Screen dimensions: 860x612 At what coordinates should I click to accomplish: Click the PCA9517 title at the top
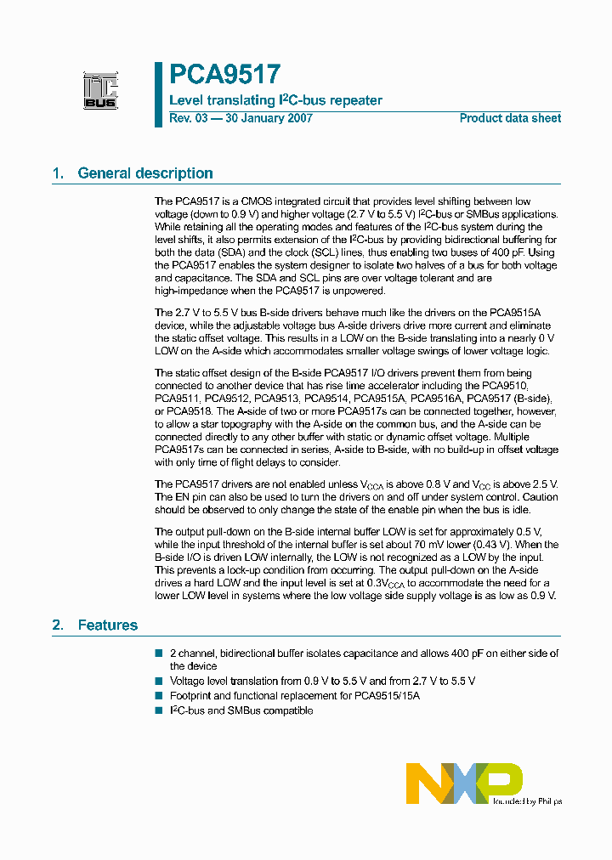pyautogui.click(x=224, y=76)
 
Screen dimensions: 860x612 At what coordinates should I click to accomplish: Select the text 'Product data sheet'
pyautogui.click(x=510, y=118)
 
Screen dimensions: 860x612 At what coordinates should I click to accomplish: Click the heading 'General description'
pyautogui.click(x=144, y=173)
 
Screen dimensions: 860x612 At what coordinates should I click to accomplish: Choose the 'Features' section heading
pyautogui.click(x=107, y=625)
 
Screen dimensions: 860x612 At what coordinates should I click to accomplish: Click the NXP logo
pyautogui.click(x=463, y=783)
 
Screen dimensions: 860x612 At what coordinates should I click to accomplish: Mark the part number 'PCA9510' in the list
pyautogui.click(x=534, y=386)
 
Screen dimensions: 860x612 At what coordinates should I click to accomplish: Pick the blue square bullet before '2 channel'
pyautogui.click(x=158, y=653)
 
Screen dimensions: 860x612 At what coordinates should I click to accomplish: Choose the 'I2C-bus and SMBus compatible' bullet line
pyautogui.click(x=241, y=710)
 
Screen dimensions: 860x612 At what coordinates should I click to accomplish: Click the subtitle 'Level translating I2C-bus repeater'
pyautogui.click(x=276, y=100)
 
